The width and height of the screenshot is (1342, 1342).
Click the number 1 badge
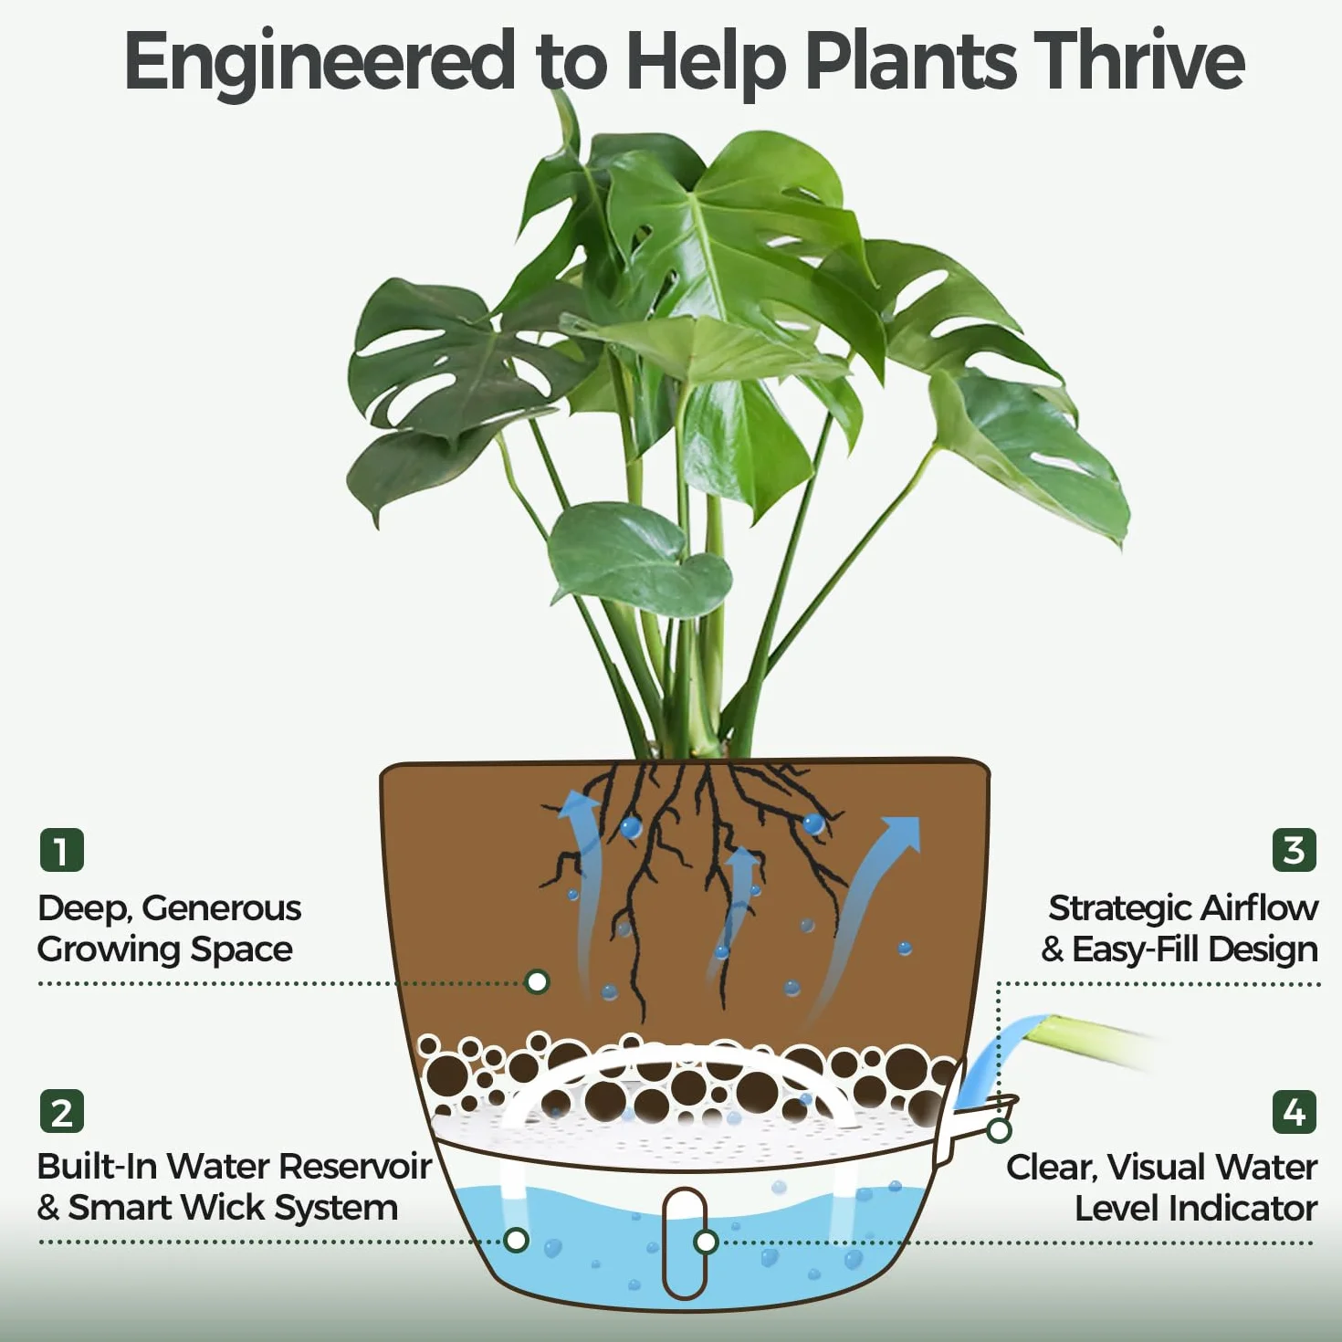click(x=62, y=850)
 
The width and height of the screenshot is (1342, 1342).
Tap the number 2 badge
click(x=62, y=1111)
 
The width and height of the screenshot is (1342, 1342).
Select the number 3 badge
click(x=1294, y=850)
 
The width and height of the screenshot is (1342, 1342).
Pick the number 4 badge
click(x=1294, y=1111)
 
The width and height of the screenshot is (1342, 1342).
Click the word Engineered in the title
click(x=320, y=64)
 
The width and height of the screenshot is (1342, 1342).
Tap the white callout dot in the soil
click(x=537, y=982)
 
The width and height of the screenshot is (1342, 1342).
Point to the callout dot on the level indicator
click(x=707, y=1242)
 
